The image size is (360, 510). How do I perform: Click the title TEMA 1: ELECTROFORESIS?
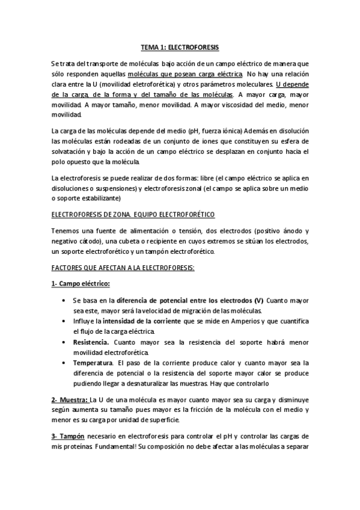pyautogui.click(x=180, y=46)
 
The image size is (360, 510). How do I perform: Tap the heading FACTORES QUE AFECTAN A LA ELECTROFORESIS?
pyautogui.click(x=123, y=268)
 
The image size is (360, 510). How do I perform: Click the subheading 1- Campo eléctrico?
pyautogui.click(x=80, y=283)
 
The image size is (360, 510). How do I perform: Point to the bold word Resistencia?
pyautogui.click(x=90, y=342)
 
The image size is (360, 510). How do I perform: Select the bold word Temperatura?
pyautogui.click(x=93, y=363)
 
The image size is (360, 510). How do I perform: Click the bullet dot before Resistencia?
pyautogui.click(x=64, y=342)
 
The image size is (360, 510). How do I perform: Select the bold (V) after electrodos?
pyautogui.click(x=258, y=300)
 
